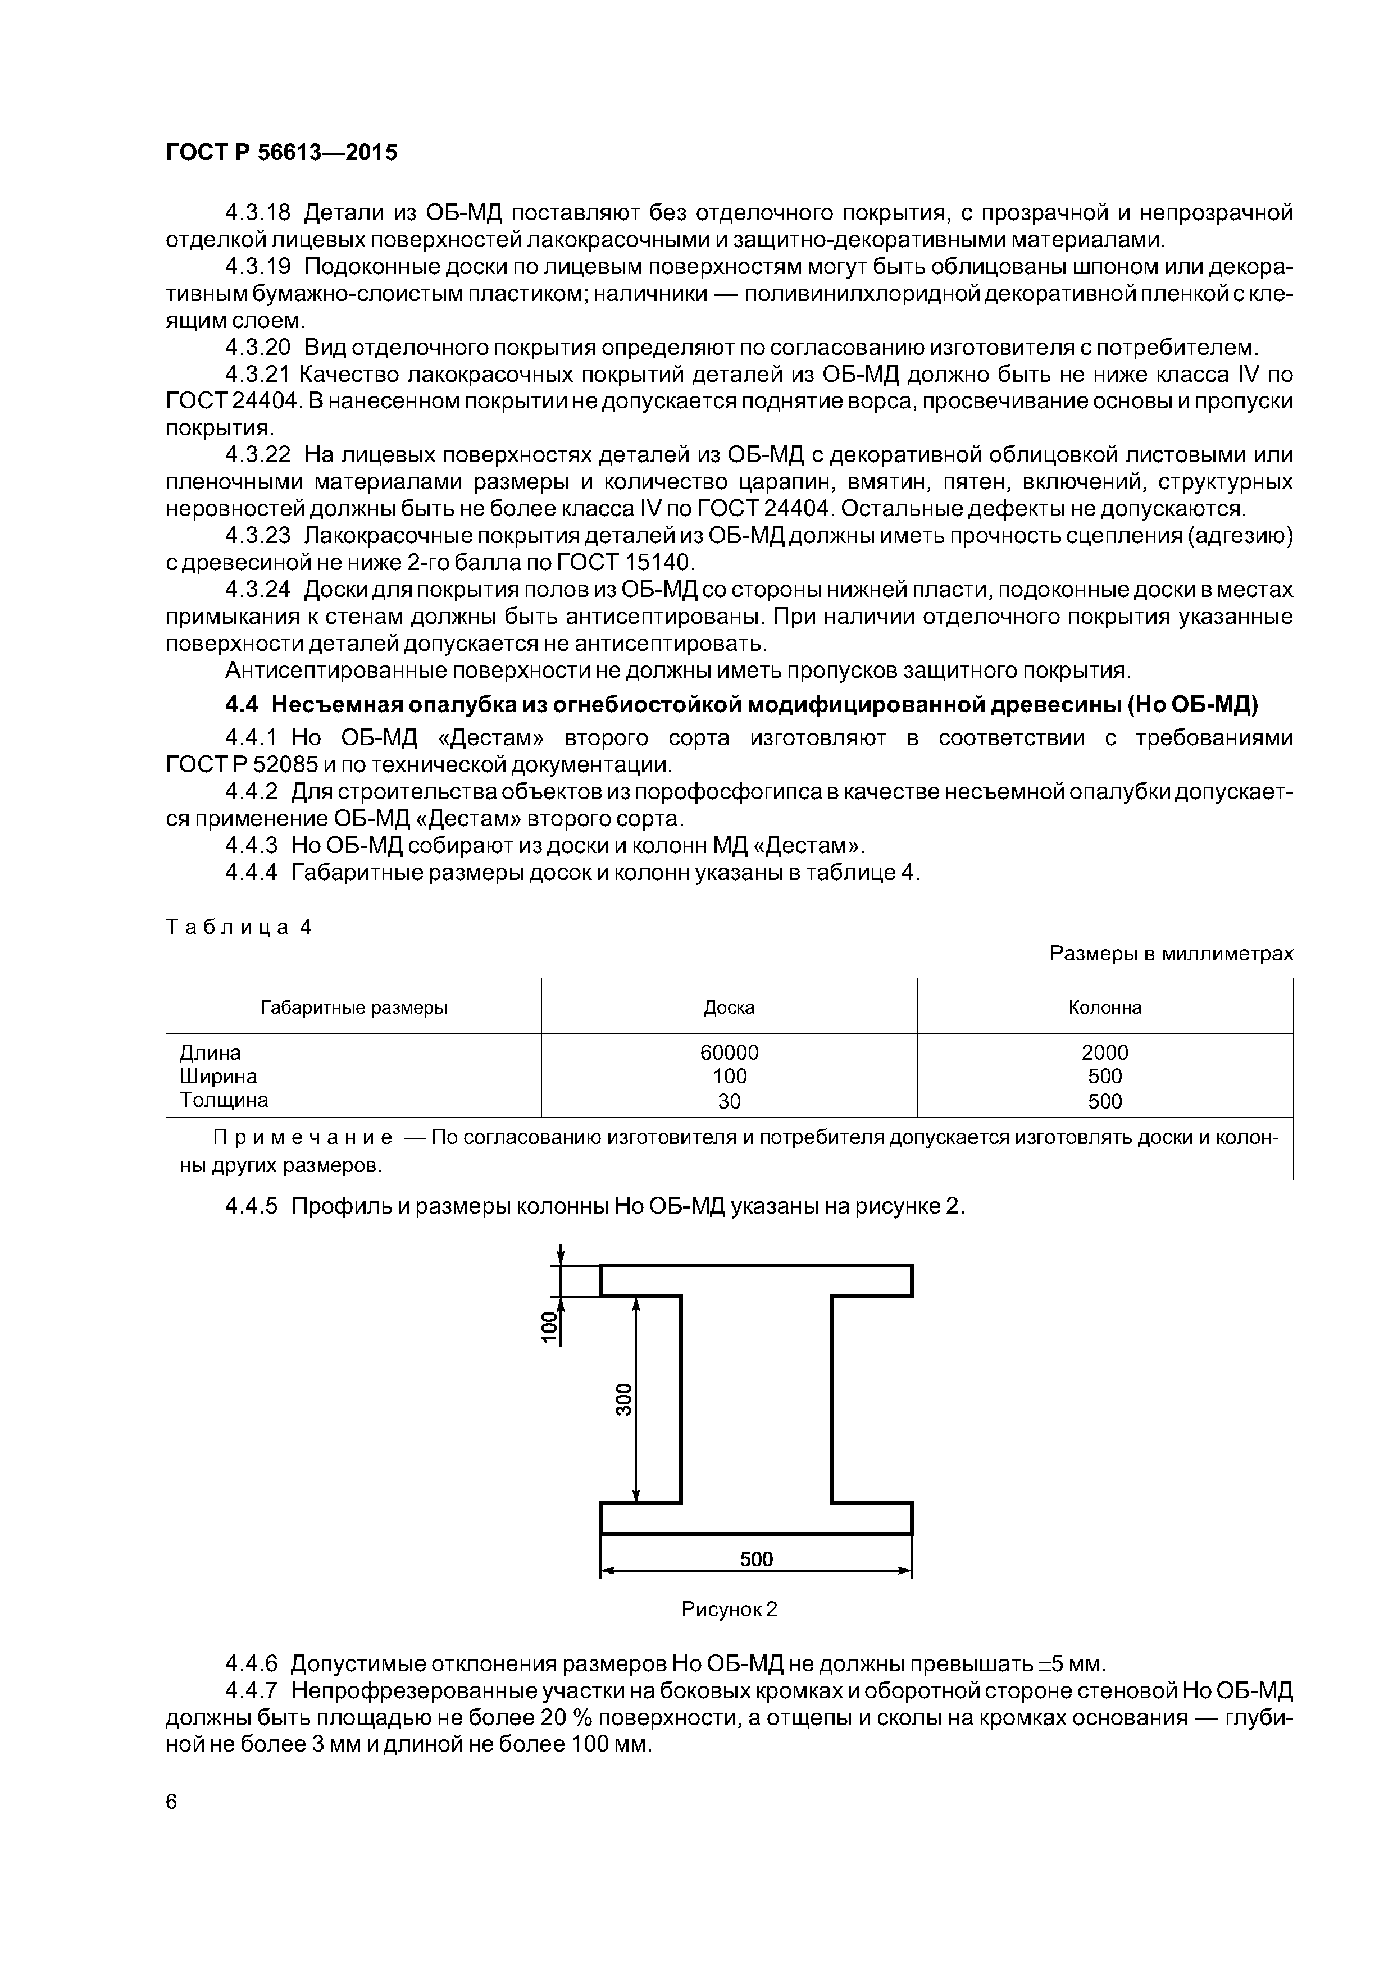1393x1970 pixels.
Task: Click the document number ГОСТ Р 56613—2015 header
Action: coord(281,153)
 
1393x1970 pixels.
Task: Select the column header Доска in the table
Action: coord(729,1007)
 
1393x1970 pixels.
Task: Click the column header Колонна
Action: coord(1105,1007)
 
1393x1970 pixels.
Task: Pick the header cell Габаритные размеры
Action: coord(354,1007)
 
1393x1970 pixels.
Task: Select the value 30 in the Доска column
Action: coord(729,1101)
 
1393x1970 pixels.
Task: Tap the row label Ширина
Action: coord(218,1076)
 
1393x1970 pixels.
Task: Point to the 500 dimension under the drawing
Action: coord(756,1559)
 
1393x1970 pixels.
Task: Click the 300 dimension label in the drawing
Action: coord(624,1399)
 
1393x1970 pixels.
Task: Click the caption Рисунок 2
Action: coord(729,1609)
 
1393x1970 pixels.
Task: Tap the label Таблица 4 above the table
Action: coord(239,927)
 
